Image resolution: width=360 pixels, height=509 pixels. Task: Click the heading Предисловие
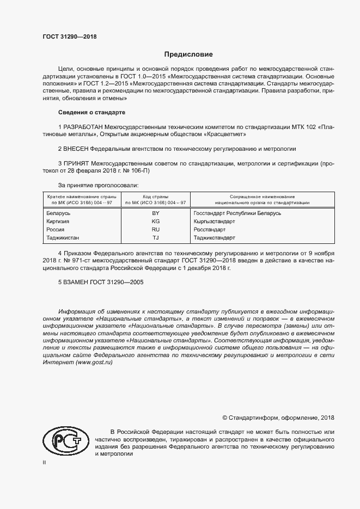(x=188, y=54)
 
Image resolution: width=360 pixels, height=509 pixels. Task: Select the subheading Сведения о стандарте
(x=91, y=112)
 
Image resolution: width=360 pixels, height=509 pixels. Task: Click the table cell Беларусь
(x=59, y=213)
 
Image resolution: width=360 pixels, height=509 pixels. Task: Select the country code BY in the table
(x=155, y=213)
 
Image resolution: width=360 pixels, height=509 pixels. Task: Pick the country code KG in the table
(x=155, y=222)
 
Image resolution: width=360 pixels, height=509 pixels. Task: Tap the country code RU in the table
(x=155, y=230)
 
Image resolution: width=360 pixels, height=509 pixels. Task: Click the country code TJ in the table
(x=155, y=238)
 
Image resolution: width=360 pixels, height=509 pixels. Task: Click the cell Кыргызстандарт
(x=214, y=222)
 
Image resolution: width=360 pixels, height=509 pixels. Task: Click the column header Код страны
(x=155, y=196)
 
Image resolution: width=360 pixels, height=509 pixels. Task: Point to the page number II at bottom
(x=44, y=462)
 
